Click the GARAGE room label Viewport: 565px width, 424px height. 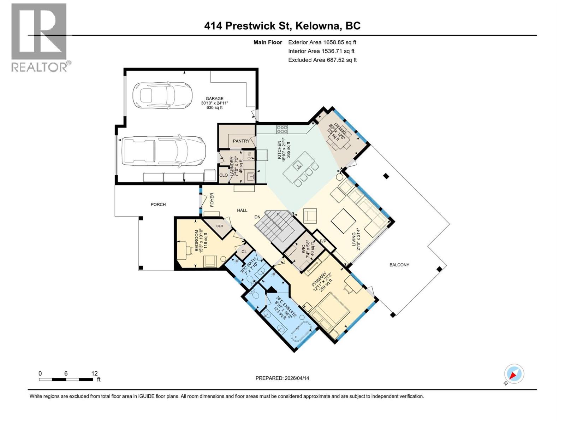tap(215, 99)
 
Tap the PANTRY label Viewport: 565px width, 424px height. tap(241, 141)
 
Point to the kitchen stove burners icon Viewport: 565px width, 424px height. tap(282, 129)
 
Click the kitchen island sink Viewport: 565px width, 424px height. tap(299, 164)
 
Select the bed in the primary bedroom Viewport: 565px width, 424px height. tap(331, 311)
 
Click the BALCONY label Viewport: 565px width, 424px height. tap(399, 265)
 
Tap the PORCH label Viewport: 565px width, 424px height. tap(158, 204)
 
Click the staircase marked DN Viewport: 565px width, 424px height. tap(279, 230)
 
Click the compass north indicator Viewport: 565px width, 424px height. tap(514, 374)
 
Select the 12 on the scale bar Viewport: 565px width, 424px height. tap(94, 373)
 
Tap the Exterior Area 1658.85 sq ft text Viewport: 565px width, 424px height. tap(322, 42)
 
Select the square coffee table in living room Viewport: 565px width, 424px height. tap(343, 221)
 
